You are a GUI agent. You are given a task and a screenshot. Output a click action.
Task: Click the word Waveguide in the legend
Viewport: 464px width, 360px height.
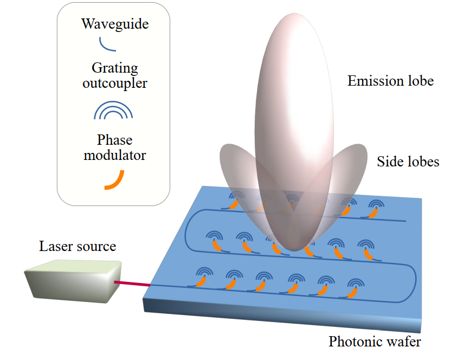click(x=115, y=24)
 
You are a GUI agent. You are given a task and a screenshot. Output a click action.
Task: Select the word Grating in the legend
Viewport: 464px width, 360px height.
click(x=115, y=68)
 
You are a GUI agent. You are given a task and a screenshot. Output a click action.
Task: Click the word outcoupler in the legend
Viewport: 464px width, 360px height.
click(x=115, y=83)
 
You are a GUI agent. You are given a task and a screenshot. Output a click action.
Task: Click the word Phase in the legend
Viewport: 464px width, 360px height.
click(x=115, y=140)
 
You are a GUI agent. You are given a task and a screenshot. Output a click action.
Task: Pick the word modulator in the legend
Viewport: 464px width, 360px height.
click(x=115, y=155)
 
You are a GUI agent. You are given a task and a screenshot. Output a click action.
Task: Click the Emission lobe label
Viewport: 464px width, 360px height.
click(x=391, y=81)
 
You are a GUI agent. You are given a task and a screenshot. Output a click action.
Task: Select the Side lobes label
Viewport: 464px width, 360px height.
click(x=408, y=162)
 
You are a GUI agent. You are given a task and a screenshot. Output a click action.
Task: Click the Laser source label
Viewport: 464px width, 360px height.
click(x=78, y=246)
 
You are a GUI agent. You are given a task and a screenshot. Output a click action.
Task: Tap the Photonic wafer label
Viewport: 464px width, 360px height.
click(x=375, y=342)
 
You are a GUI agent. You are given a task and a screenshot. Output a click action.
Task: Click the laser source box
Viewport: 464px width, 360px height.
click(x=73, y=281)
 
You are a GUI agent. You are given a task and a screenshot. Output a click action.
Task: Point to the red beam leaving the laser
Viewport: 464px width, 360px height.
click(x=132, y=284)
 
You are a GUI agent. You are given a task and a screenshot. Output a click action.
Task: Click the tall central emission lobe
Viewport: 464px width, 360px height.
click(x=294, y=130)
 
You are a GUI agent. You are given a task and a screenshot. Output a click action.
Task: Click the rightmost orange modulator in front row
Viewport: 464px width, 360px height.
click(x=352, y=293)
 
